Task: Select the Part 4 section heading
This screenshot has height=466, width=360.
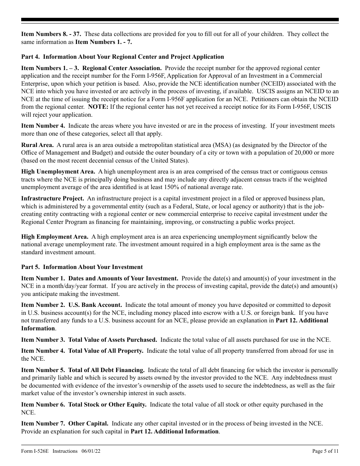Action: (122, 57)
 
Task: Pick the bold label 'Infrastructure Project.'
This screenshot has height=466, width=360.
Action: (53, 199)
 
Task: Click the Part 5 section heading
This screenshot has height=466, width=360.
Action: (82, 267)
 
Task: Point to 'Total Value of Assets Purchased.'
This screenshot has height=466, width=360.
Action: (113, 339)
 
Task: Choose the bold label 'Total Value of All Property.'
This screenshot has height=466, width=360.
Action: (106, 351)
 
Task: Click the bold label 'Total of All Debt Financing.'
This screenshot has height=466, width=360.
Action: (106, 370)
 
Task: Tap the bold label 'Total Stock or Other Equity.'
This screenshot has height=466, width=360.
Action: (107, 405)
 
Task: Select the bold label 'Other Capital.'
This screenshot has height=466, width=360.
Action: (88, 424)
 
